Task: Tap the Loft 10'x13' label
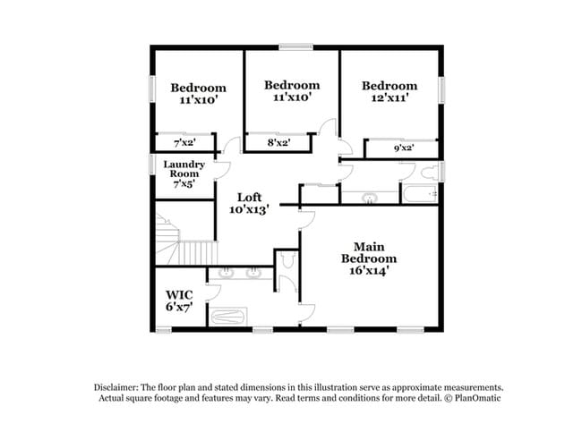pyautogui.click(x=249, y=204)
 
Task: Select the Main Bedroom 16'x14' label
pyautogui.click(x=369, y=258)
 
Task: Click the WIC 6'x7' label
pyautogui.click(x=179, y=300)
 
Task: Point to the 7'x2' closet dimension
pyautogui.click(x=184, y=143)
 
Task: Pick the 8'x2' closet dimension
pyautogui.click(x=278, y=142)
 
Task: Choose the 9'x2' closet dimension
pyautogui.click(x=404, y=148)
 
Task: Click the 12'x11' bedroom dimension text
pyautogui.click(x=389, y=97)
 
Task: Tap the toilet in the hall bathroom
pyautogui.click(x=430, y=173)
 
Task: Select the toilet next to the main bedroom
pyautogui.click(x=287, y=260)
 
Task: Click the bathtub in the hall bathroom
pyautogui.click(x=419, y=194)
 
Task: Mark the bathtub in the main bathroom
pyautogui.click(x=227, y=317)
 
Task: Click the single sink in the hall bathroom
pyautogui.click(x=369, y=198)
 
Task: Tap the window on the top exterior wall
pyautogui.click(x=295, y=47)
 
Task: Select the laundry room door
pyautogui.click(x=223, y=171)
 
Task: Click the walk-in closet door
pyautogui.click(x=213, y=292)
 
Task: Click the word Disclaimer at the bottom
pyautogui.click(x=116, y=387)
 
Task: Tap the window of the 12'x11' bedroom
pyautogui.click(x=441, y=90)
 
